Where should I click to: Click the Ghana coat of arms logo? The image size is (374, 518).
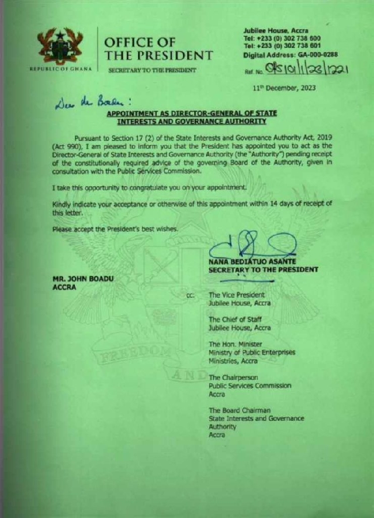60,45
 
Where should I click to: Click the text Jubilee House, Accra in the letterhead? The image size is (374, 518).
276,30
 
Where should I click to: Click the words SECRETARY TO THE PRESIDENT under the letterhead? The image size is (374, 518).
151,70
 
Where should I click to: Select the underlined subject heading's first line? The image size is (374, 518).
192,113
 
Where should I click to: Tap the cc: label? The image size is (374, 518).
190,296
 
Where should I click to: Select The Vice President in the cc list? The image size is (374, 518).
237,295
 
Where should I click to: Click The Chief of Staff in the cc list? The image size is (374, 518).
236,320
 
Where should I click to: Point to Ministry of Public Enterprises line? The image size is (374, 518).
252,353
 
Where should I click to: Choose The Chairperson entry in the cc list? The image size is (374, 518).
233,378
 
